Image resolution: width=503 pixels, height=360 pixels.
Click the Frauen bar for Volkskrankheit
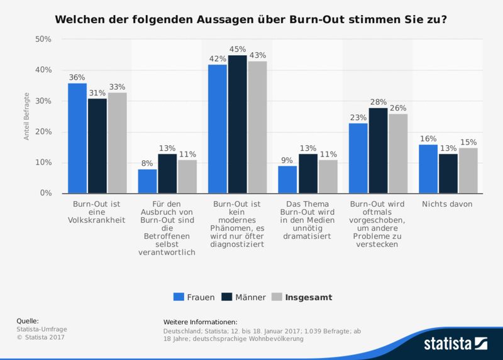coord(77,138)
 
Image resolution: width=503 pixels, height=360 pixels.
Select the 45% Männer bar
coord(237,124)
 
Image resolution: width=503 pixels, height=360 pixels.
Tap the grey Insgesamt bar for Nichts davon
coord(468,170)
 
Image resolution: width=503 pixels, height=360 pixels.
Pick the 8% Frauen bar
coord(147,181)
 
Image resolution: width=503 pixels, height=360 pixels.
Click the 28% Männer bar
coord(378,151)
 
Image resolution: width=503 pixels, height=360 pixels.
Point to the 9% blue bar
coord(287,180)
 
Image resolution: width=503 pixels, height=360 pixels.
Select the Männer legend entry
coord(245,297)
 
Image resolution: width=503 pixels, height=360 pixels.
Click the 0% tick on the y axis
coord(45,194)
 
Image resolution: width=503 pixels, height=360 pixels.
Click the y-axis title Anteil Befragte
coord(27,116)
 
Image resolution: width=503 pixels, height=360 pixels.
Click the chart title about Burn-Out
coord(251,19)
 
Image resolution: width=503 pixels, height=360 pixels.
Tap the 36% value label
coord(77,77)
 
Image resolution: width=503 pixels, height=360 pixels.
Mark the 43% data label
coord(257,55)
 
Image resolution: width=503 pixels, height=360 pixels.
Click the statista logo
coord(455,344)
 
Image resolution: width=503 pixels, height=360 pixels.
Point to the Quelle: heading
coord(28,321)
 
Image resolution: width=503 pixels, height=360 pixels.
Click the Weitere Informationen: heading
coord(200,321)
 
